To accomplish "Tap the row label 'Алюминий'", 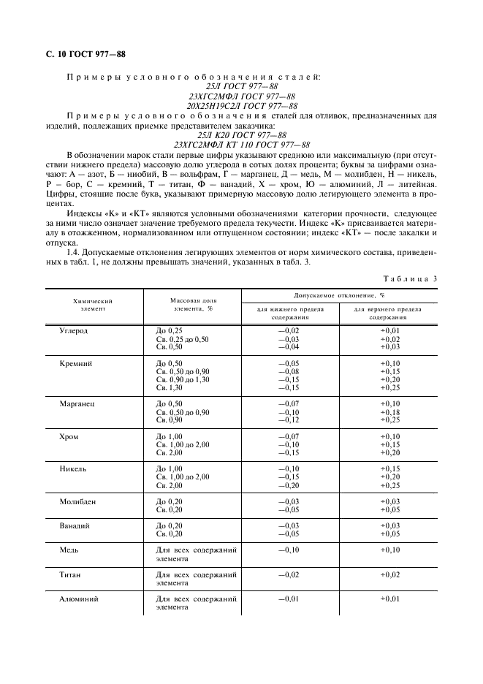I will click(x=78, y=598).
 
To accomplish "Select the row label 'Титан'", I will click(x=70, y=574).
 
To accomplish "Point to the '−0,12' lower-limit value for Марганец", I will click(x=289, y=420).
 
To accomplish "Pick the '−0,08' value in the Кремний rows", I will click(x=289, y=372).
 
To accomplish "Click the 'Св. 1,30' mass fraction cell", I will click(x=170, y=388).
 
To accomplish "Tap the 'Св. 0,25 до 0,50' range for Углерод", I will click(x=183, y=339).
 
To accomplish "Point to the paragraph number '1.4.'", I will click(x=73, y=251).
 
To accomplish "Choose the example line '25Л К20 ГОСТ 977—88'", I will click(x=241, y=134).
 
